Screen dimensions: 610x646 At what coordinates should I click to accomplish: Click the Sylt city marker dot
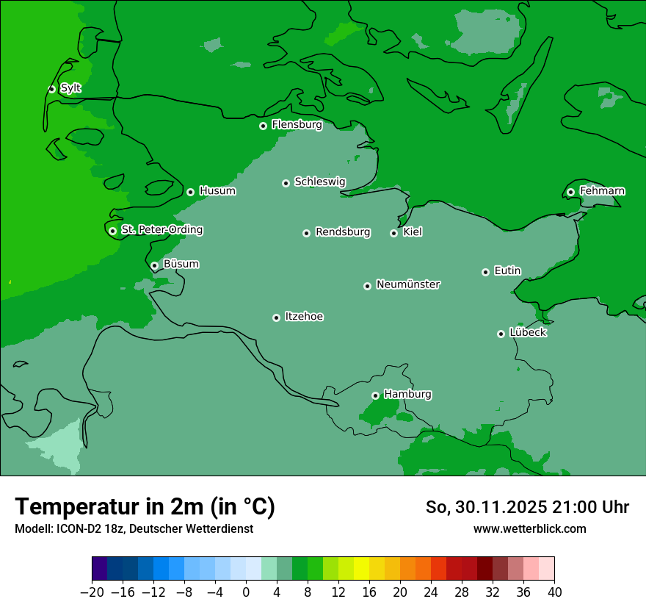pos(51,89)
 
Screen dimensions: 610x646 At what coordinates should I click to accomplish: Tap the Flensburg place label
pos(297,125)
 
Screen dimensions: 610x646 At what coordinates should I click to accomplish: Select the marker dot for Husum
pos(190,192)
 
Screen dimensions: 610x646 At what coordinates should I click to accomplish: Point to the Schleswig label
pos(319,182)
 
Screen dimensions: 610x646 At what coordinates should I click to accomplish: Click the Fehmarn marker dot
pos(570,192)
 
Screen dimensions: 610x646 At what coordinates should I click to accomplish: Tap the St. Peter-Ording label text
pos(161,230)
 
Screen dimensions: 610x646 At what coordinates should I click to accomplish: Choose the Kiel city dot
pos(393,233)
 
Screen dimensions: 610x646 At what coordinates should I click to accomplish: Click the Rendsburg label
pos(342,232)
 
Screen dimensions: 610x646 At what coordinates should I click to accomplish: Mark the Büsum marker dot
pos(154,265)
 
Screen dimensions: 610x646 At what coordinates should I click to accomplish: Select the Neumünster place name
pos(407,284)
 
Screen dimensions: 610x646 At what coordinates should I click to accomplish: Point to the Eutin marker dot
pos(485,272)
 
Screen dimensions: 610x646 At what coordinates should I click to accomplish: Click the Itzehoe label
pos(304,317)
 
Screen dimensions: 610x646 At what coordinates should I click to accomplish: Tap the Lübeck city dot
pos(501,334)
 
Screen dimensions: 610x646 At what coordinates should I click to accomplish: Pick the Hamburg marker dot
pos(375,395)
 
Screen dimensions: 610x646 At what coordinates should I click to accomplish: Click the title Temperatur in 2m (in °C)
pos(145,506)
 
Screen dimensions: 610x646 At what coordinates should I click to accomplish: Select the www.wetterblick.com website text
pos(529,528)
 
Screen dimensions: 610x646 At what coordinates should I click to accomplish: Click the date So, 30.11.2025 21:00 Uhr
pos(526,507)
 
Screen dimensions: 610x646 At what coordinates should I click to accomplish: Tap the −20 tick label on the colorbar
pos(92,592)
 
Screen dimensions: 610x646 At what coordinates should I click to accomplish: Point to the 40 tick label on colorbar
pos(554,592)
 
